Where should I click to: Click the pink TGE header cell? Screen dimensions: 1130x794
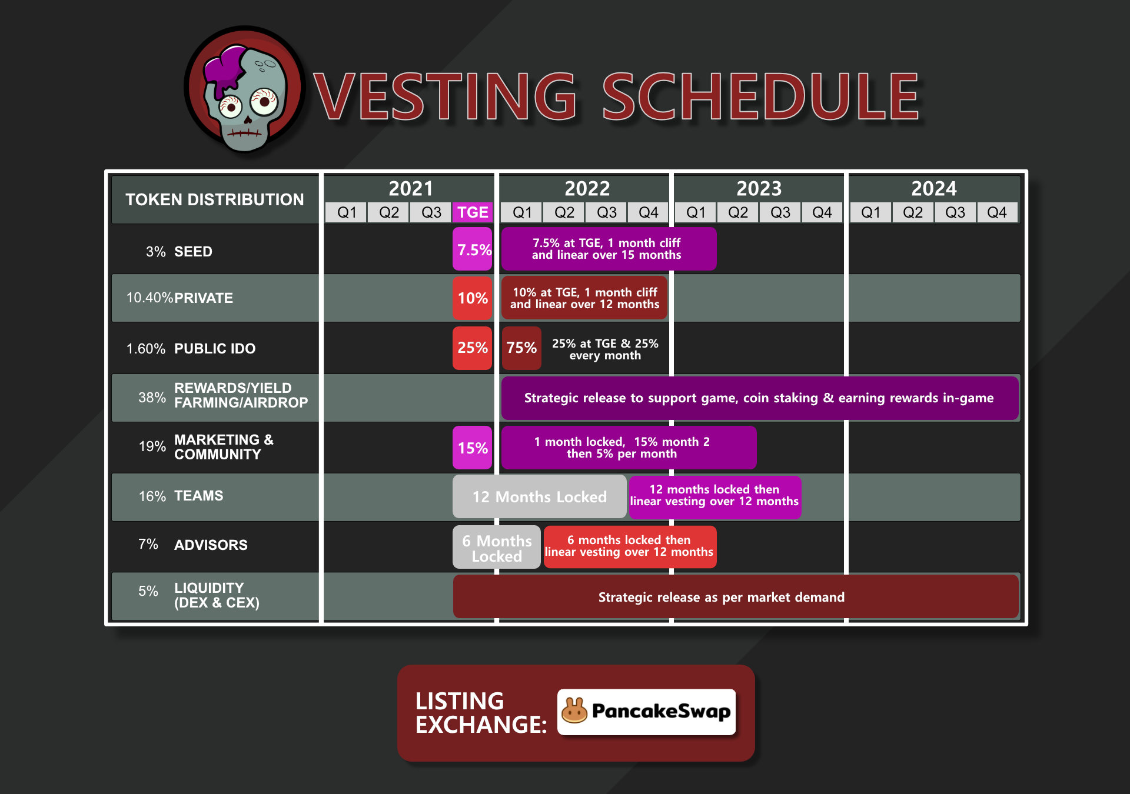tap(473, 212)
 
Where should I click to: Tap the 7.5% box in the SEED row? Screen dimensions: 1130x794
tap(473, 249)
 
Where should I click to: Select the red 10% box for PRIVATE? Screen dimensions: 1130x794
tap(473, 298)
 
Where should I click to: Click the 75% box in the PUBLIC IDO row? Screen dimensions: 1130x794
tap(521, 348)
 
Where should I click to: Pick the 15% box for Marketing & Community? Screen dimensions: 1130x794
tap(473, 448)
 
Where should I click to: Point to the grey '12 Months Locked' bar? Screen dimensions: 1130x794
tap(540, 497)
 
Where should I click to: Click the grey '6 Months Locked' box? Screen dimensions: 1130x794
tap(497, 547)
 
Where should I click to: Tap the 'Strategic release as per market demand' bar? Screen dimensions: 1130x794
tap(736, 597)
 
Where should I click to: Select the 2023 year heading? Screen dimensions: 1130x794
tap(759, 189)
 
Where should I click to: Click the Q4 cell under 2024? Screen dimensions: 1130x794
tap(996, 212)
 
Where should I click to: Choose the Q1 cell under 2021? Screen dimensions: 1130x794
tap(347, 212)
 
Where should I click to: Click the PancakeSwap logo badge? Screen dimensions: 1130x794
tap(646, 712)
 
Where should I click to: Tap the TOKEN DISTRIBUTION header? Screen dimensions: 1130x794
tap(215, 199)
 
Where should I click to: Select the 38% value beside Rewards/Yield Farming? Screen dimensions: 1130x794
tap(152, 398)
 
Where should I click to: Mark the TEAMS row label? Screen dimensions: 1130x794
tap(198, 496)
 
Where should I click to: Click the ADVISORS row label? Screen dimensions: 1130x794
tap(211, 545)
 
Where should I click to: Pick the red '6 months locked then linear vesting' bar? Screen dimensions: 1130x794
tap(630, 547)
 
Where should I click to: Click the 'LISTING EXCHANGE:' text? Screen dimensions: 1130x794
tap(481, 713)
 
